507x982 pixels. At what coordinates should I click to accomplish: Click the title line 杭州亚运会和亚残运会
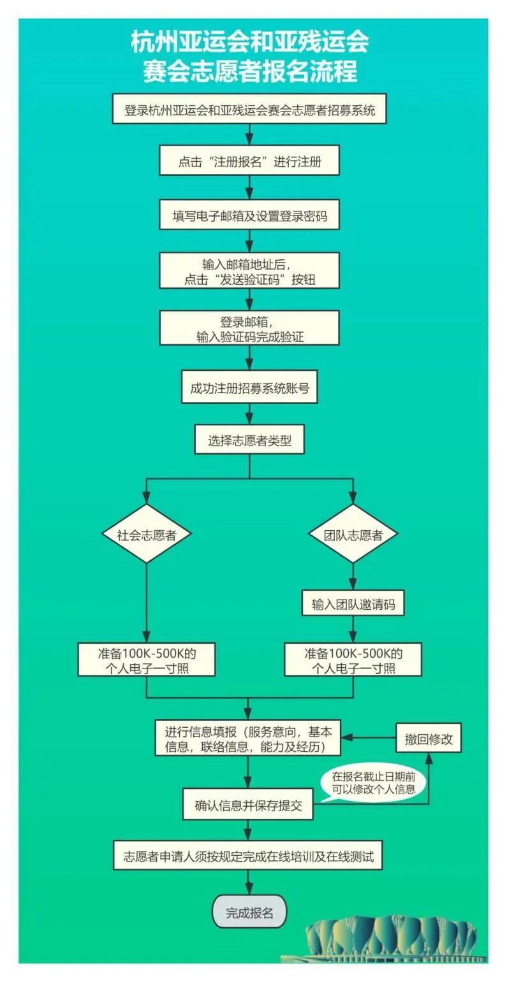tap(249, 43)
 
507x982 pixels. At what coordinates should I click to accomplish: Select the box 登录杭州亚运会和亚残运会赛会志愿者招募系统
tap(249, 110)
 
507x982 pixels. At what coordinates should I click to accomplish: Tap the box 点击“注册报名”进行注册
tap(249, 161)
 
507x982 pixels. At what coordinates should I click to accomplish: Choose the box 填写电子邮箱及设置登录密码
tap(249, 215)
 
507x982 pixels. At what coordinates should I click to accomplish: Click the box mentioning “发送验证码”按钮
tap(249, 271)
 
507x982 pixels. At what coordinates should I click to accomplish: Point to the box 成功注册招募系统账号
tap(249, 388)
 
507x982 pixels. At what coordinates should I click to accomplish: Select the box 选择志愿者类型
tap(249, 440)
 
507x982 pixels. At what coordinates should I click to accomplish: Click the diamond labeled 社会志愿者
tap(147, 534)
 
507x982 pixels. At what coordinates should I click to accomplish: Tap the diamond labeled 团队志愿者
tap(353, 534)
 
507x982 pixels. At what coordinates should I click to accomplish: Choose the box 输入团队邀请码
tap(353, 604)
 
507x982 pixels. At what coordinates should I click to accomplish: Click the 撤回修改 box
tap(429, 739)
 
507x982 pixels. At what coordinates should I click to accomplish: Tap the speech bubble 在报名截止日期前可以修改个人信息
tap(374, 783)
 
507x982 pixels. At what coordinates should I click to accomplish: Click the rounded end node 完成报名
tap(249, 912)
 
